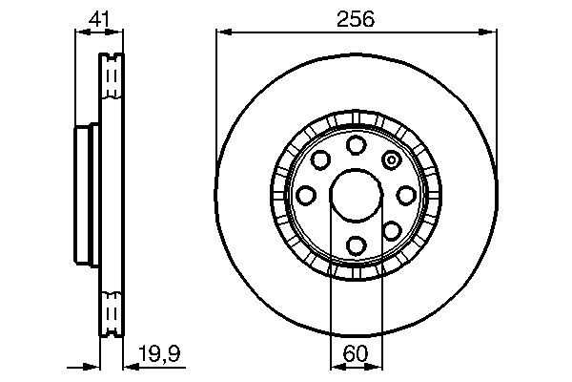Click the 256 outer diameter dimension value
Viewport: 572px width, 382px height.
pyautogui.click(x=355, y=18)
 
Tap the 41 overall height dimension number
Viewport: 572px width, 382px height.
pyautogui.click(x=98, y=18)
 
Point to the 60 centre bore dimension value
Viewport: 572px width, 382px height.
pyautogui.click(x=355, y=353)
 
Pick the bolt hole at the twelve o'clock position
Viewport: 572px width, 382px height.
pyautogui.click(x=356, y=144)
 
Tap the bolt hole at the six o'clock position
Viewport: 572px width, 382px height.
pyautogui.click(x=356, y=244)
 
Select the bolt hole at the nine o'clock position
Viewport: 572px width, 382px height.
pyautogui.click(x=306, y=195)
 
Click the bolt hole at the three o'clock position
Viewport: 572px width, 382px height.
pyautogui.click(x=406, y=195)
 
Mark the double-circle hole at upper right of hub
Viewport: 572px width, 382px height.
pyautogui.click(x=390, y=159)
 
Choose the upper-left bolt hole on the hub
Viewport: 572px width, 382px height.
pyautogui.click(x=321, y=159)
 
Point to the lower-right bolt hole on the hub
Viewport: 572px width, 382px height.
pyautogui.click(x=391, y=229)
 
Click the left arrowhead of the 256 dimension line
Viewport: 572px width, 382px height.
pyautogui.click(x=220, y=32)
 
